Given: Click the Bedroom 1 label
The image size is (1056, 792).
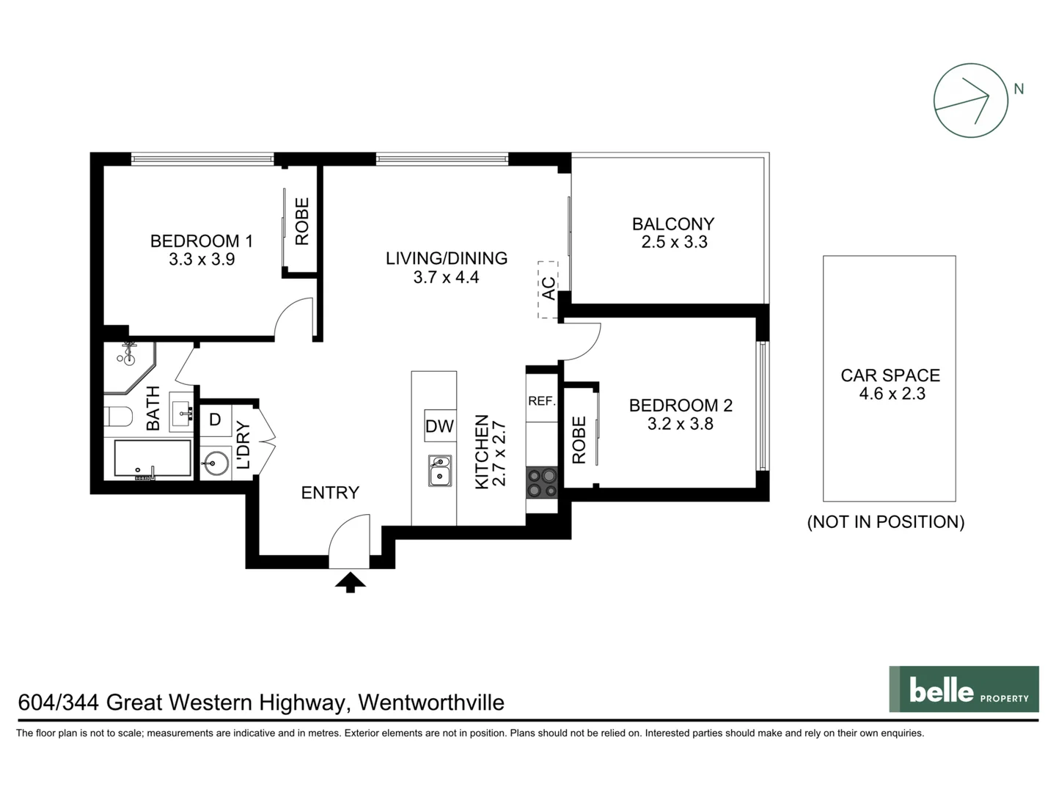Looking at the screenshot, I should [x=202, y=241].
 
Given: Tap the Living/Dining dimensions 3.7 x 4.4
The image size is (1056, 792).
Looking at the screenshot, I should [x=446, y=277].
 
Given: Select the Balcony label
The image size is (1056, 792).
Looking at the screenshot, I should [x=673, y=224].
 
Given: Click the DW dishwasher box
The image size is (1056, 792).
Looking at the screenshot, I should [x=440, y=426].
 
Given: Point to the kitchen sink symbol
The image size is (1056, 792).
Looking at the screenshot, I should [x=440, y=471].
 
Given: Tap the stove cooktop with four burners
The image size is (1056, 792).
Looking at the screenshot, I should [x=542, y=483].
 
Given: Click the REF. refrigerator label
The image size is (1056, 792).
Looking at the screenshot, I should [x=542, y=401].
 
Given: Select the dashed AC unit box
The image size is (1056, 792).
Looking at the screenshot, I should [x=548, y=289].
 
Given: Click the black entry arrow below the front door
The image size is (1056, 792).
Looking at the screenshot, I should [x=351, y=583].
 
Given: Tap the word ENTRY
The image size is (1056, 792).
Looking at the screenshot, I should [x=330, y=493].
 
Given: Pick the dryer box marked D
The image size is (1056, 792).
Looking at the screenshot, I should [x=216, y=420].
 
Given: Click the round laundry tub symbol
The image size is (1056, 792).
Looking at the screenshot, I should [x=216, y=463].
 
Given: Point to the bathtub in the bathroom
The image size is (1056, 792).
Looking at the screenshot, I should [x=153, y=459].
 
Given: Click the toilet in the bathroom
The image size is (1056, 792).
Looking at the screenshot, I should [x=118, y=417].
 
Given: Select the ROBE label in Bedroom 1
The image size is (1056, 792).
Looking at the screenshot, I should [x=301, y=221].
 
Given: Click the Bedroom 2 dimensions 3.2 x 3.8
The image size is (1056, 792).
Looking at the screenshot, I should [x=680, y=424].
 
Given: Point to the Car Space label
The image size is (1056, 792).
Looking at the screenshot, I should [x=890, y=375].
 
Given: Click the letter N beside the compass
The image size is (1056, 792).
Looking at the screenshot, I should [x=1019, y=89].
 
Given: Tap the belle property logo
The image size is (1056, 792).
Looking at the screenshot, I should [x=964, y=689].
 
